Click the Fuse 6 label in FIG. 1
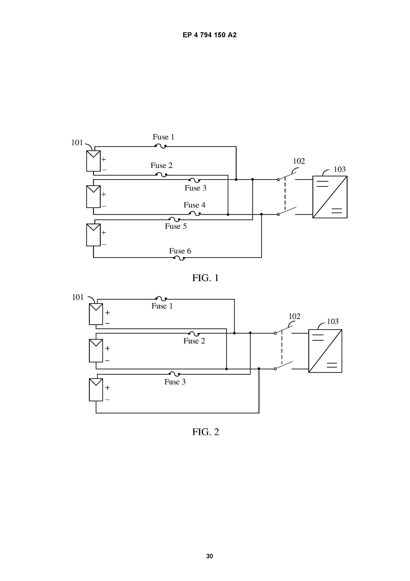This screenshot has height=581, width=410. pos(180,251)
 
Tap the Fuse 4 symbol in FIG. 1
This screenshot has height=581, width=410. pos(195,214)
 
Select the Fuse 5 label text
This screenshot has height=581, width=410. pos(176,226)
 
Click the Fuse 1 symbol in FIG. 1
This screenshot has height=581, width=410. pos(161,146)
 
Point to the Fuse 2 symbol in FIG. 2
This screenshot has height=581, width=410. pos(194,334)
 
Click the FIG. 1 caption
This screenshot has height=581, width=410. pos(205,278)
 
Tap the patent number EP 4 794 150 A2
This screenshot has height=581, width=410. pos(209,35)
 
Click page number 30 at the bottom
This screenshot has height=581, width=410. pos(209,556)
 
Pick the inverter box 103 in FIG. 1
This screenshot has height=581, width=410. pos(330,197)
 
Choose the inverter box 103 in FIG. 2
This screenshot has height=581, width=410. pos(325,351)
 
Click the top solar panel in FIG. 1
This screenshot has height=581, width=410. pos(93,161)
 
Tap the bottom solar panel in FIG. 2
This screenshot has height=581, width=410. pos(96,390)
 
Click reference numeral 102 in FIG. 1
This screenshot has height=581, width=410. pos(299,161)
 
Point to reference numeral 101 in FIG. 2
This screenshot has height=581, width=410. pos(78,297)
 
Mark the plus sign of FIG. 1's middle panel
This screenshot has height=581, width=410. pos(103,194)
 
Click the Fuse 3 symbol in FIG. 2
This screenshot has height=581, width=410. pos(174,374)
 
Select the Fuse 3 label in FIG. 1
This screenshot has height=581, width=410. pos(196,188)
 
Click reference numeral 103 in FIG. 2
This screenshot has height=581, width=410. pos(333,321)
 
